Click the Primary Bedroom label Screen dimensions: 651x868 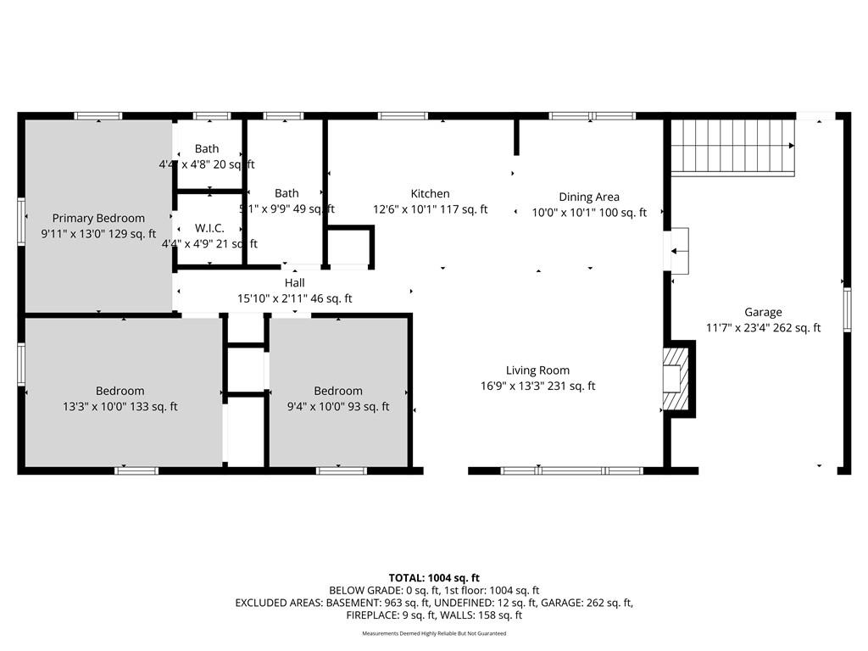click(x=98, y=218)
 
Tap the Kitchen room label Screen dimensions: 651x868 click(x=430, y=194)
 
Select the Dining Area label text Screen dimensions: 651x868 click(x=588, y=197)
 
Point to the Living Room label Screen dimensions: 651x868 click(x=537, y=370)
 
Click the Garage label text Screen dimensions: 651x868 click(x=763, y=312)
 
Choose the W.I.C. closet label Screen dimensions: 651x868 click(x=209, y=228)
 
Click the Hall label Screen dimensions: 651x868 click(x=294, y=282)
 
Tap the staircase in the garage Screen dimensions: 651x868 click(x=732, y=146)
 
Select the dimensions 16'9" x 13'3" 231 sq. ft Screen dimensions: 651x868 click(x=537, y=387)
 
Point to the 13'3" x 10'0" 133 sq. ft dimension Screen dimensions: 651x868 click(x=120, y=407)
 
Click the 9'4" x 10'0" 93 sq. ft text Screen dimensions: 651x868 click(x=338, y=407)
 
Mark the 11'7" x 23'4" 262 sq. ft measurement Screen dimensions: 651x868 click(x=763, y=328)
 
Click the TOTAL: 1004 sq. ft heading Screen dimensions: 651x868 click(x=434, y=578)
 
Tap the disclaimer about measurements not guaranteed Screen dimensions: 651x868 click(x=434, y=633)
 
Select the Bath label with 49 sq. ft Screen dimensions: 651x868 click(x=287, y=193)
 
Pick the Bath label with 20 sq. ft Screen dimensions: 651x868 click(x=207, y=148)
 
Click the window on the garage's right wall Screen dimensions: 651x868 click(x=846, y=311)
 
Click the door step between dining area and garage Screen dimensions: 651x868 click(x=679, y=251)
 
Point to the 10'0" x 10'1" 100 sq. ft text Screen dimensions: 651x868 click(x=588, y=213)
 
